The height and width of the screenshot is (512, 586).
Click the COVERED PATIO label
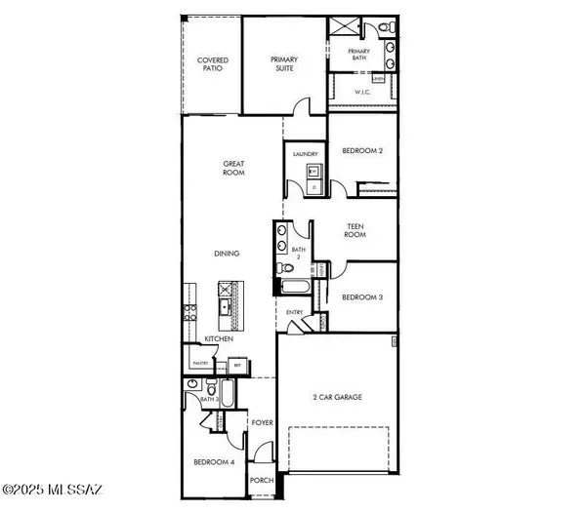pos(213,65)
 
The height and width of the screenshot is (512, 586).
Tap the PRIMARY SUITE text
pos(284,64)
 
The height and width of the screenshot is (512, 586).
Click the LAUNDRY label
pos(303,153)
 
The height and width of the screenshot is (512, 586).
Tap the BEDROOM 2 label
pos(360,151)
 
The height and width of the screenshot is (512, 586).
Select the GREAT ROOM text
pos(232,169)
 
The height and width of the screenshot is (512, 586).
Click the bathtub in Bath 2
pos(294,287)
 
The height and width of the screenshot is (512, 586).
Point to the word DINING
pos(228,254)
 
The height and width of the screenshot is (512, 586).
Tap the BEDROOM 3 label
pos(360,296)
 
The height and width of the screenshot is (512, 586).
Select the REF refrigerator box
pos(236,365)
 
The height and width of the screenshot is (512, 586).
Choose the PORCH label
pos(262,479)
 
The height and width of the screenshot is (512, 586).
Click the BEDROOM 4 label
pos(214,461)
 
